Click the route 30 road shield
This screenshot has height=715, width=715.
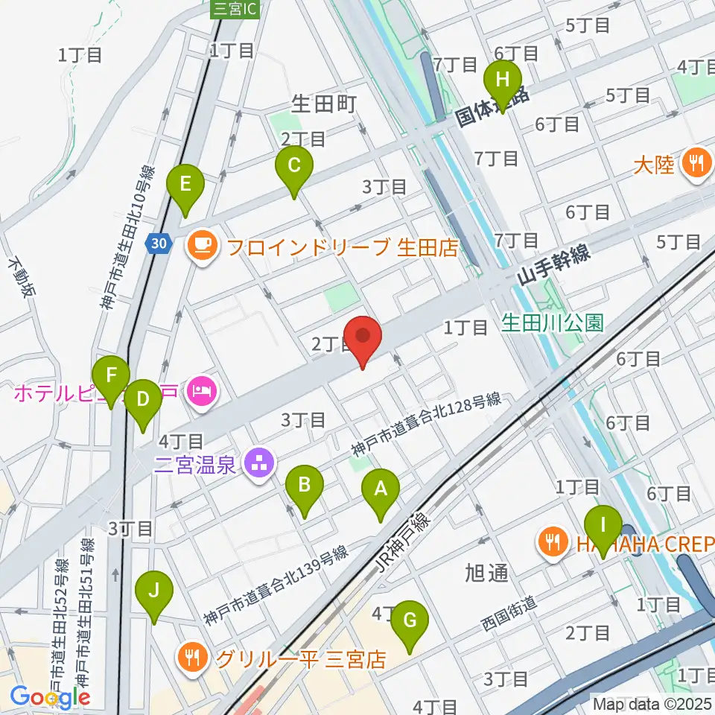156,243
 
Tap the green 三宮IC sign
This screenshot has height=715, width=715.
235,9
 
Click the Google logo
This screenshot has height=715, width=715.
51,697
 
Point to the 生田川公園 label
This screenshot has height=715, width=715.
551,322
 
